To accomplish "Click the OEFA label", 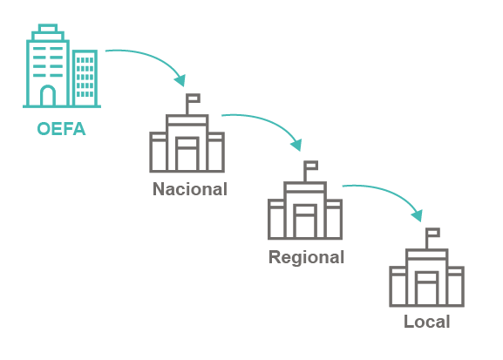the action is coord(61,129).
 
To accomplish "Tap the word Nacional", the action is coord(190,189).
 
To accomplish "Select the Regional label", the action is coord(306,257).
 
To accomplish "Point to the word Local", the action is coord(427,322).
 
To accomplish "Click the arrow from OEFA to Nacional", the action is coord(151,58).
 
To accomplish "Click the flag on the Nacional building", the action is coord(194,98).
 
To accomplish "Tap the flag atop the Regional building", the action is coord(311,166).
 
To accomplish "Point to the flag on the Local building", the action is coord(433,233).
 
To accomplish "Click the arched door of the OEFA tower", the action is coord(48,95).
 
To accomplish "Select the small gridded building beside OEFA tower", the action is coord(85,78).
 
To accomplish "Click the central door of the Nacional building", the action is coord(187,153).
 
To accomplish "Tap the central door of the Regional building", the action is coord(305,221).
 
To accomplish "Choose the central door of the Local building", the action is coord(427,289).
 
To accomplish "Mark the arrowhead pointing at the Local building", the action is coord(418,215).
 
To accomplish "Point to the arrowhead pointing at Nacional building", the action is coord(180,80).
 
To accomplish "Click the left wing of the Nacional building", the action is coord(158,152).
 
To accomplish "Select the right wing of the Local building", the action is coord(456,286).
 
